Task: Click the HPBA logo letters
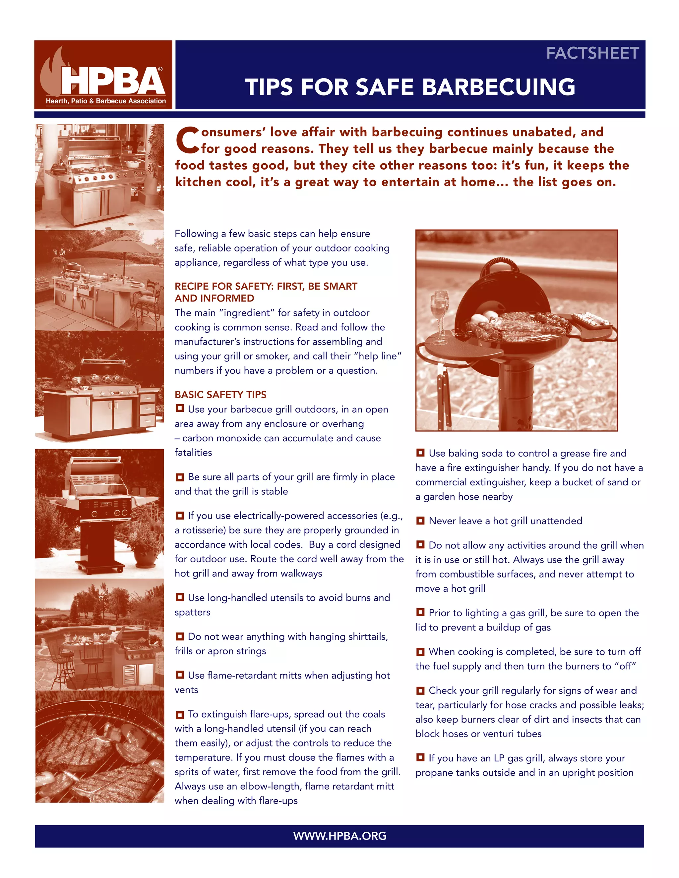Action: [x=113, y=81]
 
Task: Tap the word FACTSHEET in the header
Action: [x=592, y=53]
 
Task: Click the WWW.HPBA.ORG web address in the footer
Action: [x=339, y=836]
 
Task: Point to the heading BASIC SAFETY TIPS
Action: [x=220, y=394]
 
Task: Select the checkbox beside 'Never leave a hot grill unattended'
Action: [x=420, y=521]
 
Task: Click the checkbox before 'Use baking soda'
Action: [x=420, y=453]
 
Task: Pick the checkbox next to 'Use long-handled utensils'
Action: [x=180, y=597]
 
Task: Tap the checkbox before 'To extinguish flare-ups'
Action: [x=180, y=714]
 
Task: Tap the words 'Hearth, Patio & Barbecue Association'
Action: [x=106, y=101]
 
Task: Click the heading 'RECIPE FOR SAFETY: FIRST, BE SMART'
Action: [x=266, y=286]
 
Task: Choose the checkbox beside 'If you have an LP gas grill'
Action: [x=420, y=757]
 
